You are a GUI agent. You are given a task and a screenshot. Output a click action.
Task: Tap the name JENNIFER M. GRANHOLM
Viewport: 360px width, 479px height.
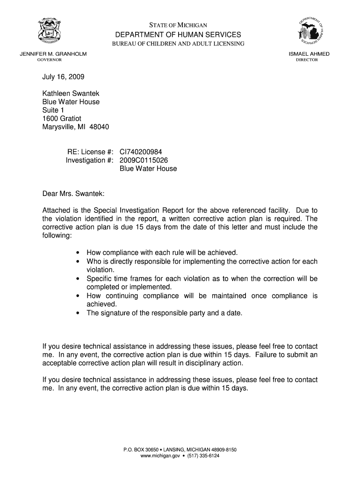53,54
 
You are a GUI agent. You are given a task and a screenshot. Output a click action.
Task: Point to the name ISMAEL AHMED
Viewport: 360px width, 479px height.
309,54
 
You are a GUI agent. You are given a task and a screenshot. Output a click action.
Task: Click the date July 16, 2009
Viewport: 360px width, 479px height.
64,77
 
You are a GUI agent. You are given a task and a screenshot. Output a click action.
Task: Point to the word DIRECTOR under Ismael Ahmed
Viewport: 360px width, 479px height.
307,60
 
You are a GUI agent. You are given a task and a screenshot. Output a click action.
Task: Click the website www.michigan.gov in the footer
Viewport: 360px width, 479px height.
160,456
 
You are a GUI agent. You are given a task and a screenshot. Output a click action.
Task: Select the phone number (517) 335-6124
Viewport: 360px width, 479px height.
203,456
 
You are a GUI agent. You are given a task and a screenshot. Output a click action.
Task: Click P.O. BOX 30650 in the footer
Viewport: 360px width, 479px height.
141,450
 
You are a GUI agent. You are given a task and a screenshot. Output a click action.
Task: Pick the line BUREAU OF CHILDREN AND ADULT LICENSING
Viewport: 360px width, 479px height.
178,44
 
